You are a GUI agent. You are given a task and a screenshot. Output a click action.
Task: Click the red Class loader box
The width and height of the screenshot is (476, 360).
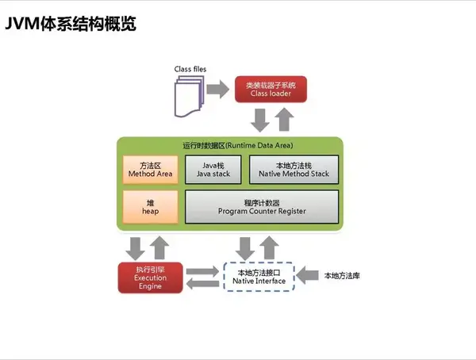point(269,88)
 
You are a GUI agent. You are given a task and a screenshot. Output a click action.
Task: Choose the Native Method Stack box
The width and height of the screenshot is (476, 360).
point(294,169)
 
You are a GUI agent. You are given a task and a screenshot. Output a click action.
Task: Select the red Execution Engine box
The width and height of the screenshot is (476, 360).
point(150,276)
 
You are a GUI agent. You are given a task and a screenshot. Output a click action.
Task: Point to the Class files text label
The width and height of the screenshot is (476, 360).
point(190,70)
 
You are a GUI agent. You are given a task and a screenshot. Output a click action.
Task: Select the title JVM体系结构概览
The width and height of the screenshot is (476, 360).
point(71,25)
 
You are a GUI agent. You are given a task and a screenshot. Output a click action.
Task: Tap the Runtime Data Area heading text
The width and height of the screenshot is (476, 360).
point(230,146)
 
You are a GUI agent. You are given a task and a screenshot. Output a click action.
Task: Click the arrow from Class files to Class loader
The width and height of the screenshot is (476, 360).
point(220,88)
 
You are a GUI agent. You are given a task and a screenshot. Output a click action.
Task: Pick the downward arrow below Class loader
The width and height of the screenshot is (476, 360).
point(259,121)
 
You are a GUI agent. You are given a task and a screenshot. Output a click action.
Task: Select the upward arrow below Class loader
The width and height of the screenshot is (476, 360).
point(284,121)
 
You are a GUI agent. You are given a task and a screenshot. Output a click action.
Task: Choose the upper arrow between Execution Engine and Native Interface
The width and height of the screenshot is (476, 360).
point(204,270)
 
